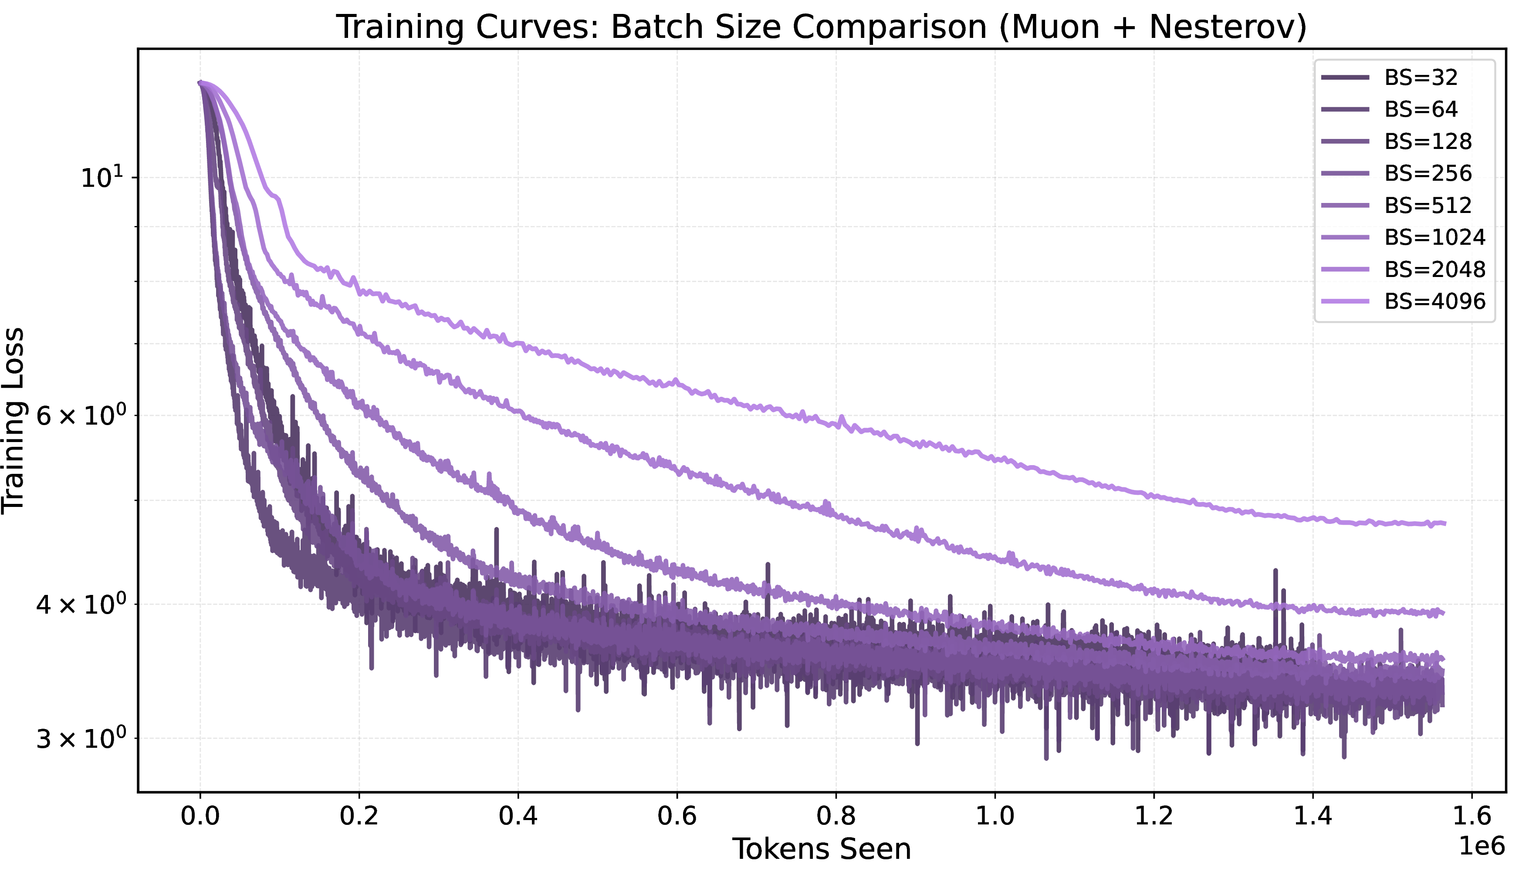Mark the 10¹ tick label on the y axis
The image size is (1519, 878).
point(101,177)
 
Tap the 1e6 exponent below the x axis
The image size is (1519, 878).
point(1482,847)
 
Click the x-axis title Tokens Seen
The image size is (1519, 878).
point(822,849)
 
